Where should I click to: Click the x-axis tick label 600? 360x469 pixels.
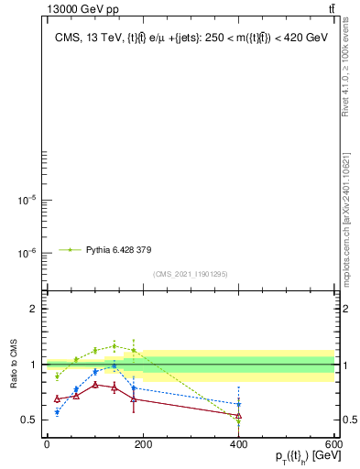click(x=333, y=444)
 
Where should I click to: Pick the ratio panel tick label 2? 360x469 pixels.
click(x=33, y=310)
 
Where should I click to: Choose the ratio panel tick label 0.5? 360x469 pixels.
click(x=28, y=420)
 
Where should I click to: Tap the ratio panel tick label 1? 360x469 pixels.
click(x=33, y=365)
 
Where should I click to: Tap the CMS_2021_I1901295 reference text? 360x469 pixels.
click(x=191, y=274)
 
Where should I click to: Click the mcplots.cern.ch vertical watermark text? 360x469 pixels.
click(x=345, y=220)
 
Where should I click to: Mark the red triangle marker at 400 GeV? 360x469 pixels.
click(x=238, y=416)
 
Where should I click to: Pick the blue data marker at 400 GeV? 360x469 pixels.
click(x=238, y=404)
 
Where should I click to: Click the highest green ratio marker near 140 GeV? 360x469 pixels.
click(x=114, y=345)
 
